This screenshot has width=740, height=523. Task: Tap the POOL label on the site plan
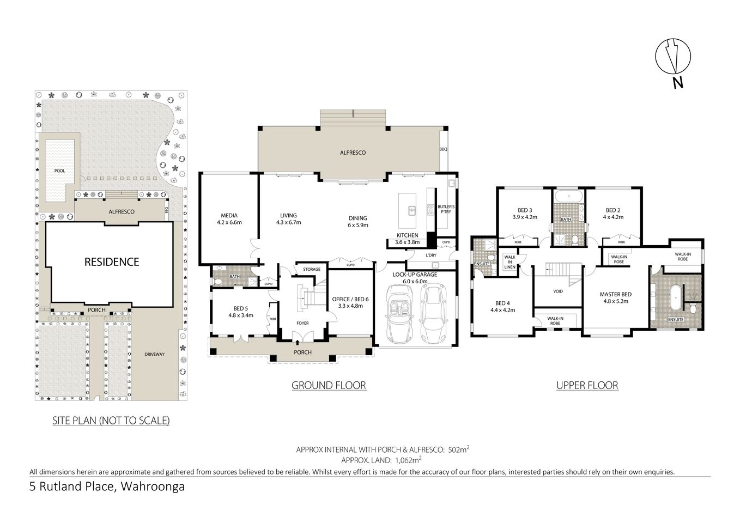tap(59, 171)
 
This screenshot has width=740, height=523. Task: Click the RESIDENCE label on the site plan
tap(112, 262)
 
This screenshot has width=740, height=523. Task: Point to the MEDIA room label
tap(229, 215)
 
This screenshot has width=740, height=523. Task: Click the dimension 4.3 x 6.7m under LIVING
tap(288, 222)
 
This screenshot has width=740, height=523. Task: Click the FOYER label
tap(302, 323)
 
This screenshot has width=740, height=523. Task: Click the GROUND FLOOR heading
tap(329, 386)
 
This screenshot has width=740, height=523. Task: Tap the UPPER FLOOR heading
tap(587, 386)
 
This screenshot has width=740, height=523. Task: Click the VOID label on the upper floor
tap(557, 291)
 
